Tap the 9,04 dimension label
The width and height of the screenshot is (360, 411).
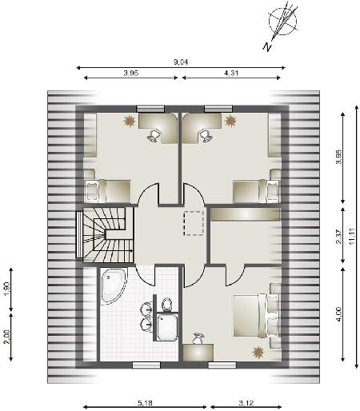point(181,62)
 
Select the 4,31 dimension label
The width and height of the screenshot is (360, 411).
point(231,73)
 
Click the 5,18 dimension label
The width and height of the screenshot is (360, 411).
point(146,403)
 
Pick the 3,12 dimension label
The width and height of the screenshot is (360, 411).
point(246,403)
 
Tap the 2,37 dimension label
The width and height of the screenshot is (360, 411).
point(339,237)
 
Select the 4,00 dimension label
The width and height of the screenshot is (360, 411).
point(339,314)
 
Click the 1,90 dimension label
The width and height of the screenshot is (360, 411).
point(7,289)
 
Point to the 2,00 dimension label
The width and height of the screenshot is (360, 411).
point(7,337)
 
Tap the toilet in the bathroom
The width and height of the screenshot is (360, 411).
point(167,305)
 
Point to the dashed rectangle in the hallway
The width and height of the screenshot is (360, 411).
point(194,223)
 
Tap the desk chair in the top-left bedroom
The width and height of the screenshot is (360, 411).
point(154,135)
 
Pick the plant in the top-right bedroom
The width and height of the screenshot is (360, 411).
point(230,121)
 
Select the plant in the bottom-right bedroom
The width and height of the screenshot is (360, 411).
point(258,353)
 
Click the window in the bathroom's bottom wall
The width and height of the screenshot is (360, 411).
point(146,365)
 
